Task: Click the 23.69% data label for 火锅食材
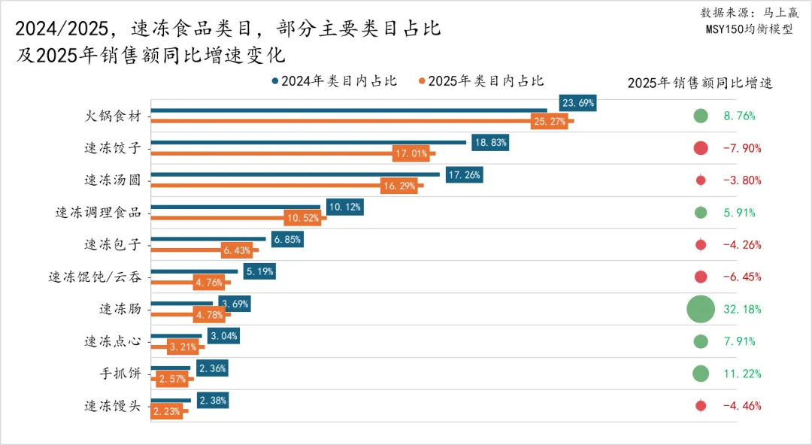coord(578,103)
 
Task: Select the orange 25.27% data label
coord(549,121)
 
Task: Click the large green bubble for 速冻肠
coord(700,309)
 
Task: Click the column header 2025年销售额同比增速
coord(699,83)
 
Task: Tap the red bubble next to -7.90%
coord(701,148)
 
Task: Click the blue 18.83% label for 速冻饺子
coord(489,142)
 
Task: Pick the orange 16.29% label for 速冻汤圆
coord(399,186)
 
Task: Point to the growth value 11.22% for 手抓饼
coord(742,374)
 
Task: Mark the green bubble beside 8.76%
coord(701,116)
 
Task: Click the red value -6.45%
coord(742,277)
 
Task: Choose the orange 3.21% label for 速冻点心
coord(182,347)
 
